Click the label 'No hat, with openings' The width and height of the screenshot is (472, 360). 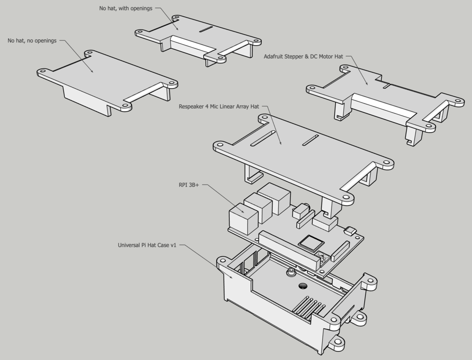(x=126, y=8)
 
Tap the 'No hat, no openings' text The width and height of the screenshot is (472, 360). (x=32, y=41)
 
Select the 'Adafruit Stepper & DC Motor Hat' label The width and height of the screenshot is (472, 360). (x=303, y=56)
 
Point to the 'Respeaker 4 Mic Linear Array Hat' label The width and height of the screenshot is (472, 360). (x=219, y=106)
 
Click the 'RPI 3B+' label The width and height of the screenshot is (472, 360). (x=189, y=185)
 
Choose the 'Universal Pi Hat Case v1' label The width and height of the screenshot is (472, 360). (x=147, y=245)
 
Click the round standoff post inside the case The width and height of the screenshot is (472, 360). (x=291, y=273)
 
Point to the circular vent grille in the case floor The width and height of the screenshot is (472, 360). (x=302, y=286)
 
